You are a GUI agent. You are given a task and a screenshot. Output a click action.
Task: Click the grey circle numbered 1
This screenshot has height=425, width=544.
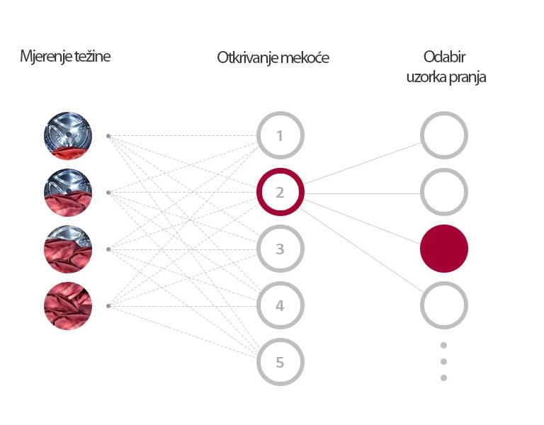coord(280,135)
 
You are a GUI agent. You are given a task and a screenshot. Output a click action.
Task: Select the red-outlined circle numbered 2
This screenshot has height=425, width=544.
coord(280,192)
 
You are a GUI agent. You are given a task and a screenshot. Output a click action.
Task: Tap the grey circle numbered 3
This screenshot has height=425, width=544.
coord(280,249)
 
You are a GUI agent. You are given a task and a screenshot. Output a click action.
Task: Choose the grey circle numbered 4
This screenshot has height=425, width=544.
coord(280,306)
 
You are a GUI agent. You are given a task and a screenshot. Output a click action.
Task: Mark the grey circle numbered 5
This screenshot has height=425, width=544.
coord(280,362)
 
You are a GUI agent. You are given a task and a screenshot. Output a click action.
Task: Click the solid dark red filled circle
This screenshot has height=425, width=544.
coord(444,249)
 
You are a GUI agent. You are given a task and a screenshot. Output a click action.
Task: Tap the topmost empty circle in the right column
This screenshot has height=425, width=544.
coord(444,135)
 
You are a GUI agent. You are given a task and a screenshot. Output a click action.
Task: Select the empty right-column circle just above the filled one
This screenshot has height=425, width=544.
coord(444,192)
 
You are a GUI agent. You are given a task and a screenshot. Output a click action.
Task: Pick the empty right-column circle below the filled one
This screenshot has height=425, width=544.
coord(444,305)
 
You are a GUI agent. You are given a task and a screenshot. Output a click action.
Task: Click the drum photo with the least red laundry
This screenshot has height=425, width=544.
coord(68,135)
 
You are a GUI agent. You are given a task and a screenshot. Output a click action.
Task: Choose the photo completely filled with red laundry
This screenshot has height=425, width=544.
coord(68,306)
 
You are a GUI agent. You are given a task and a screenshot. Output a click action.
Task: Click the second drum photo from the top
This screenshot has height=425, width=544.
coord(68,192)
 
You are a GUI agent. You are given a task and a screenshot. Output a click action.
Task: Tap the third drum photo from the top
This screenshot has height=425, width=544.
coord(68,249)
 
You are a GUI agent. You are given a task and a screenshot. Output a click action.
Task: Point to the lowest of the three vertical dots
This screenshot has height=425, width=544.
coord(443,378)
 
